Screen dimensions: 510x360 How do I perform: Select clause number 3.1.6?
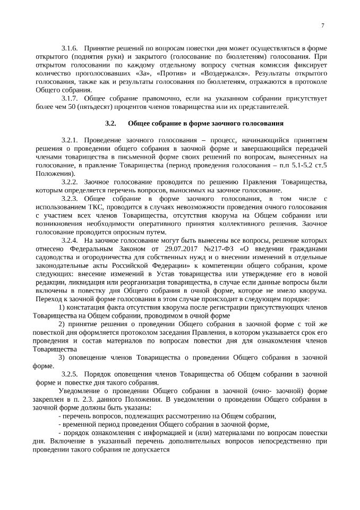click(70, 48)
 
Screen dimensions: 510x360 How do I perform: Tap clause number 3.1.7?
click(70, 99)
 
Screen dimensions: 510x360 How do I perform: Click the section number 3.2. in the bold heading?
click(110, 123)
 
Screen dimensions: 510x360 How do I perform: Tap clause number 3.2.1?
click(70, 140)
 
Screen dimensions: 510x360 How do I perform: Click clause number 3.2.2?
click(70, 182)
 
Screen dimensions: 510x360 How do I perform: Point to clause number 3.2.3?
click(70, 199)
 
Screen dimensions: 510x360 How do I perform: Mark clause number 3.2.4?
click(70, 241)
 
